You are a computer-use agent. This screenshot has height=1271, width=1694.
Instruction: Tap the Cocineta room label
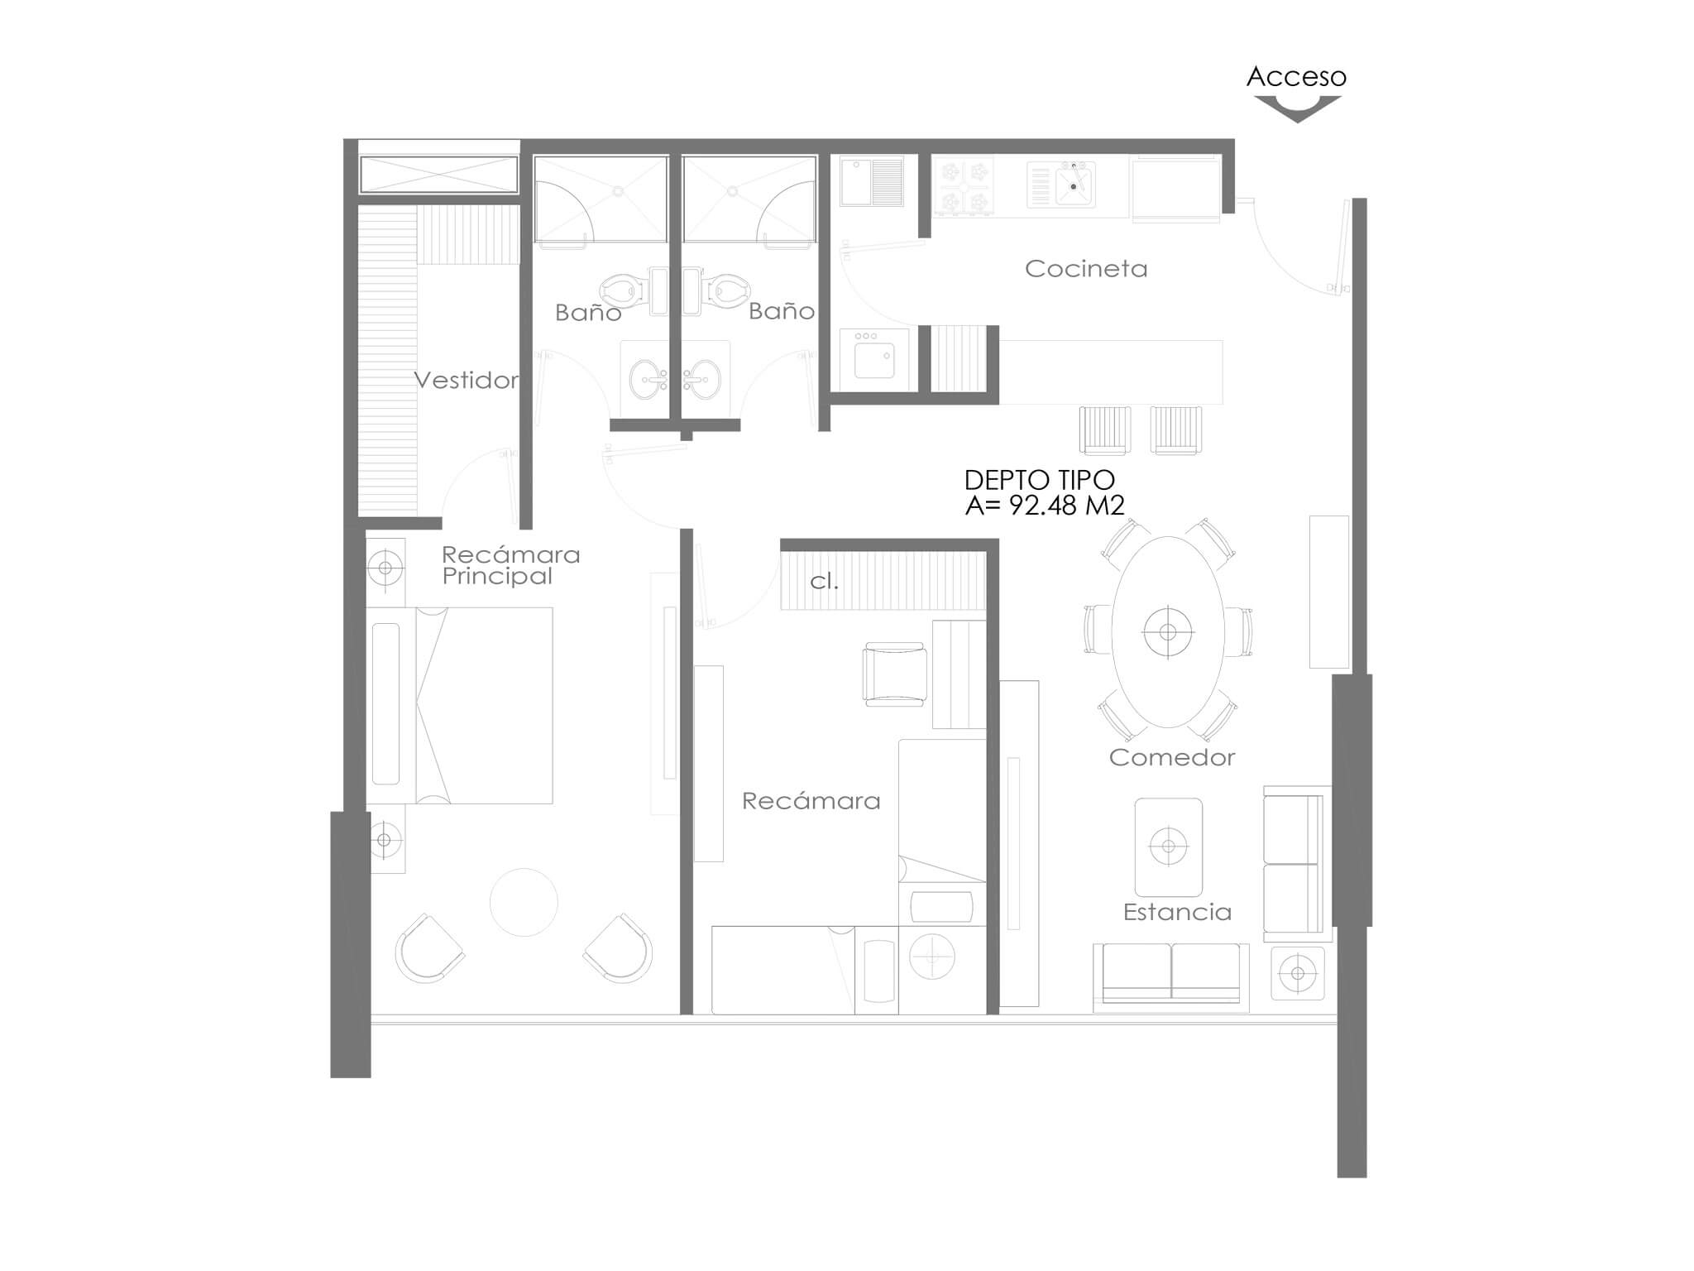pos(1086,269)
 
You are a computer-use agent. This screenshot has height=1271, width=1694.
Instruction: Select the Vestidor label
pos(467,381)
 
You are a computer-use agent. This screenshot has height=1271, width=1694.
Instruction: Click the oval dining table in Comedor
pos(1168,632)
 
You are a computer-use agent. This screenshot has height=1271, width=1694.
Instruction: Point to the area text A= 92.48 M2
pos(1045,506)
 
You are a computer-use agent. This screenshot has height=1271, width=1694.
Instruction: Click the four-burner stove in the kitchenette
pos(964,186)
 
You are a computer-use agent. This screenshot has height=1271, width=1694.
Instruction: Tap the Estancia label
pos(1177,912)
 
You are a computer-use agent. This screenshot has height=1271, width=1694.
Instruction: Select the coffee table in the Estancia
pos(1168,847)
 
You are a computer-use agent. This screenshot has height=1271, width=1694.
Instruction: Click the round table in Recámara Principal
pos(524,902)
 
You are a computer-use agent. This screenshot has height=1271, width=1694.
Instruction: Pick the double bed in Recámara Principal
pos(459,705)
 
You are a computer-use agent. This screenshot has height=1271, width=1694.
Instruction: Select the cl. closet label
pos(824,582)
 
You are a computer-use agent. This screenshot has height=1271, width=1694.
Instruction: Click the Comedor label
pos(1172,757)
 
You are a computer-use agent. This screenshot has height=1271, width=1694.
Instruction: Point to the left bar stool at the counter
pos(1105,430)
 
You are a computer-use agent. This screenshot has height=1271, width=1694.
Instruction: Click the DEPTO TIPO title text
pos(1040,480)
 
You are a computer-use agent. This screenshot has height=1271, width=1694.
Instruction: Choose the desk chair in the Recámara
pos(894,674)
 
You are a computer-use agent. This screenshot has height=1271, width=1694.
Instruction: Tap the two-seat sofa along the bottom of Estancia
pos(1171,977)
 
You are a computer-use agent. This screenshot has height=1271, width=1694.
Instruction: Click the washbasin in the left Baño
pos(648,380)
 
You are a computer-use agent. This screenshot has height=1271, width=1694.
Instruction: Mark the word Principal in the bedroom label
pos(497,577)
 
